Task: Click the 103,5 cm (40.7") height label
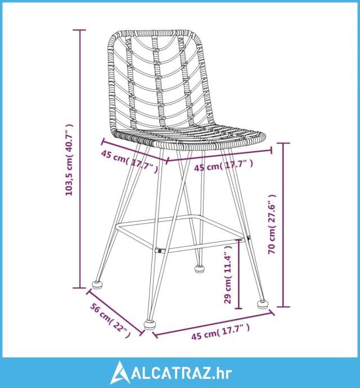point(69,160)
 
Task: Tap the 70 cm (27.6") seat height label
point(272,224)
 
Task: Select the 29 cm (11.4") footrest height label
point(228,274)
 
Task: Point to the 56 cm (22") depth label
point(110,320)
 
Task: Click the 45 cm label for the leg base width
point(220,333)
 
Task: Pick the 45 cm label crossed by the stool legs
point(129,161)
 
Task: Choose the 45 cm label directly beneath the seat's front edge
point(223,165)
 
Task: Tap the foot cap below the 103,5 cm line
point(97,285)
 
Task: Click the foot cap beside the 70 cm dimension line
point(263,304)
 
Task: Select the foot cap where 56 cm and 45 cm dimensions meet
point(150,324)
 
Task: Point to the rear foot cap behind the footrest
point(199,268)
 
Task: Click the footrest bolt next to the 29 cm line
point(248,238)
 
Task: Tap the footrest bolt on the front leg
point(160,251)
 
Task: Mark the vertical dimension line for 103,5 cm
point(80,159)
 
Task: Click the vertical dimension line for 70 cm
point(283,225)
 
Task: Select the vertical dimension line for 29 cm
point(238,274)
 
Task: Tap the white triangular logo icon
point(120,373)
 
